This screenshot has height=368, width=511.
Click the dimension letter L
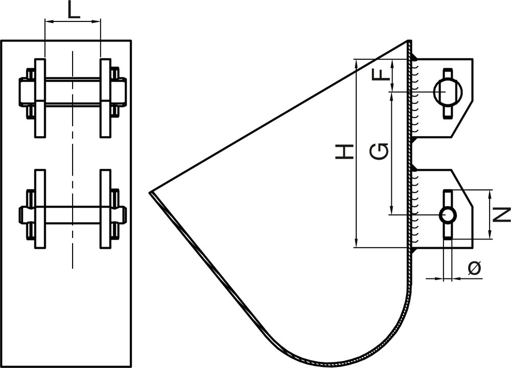click(x=74, y=10)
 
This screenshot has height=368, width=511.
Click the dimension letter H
click(x=344, y=151)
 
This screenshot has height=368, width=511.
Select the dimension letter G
click(x=379, y=151)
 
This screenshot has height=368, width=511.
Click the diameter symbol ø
click(x=474, y=267)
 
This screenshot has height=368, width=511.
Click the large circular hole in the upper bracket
click(x=448, y=92)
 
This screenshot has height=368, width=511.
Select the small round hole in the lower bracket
click(x=448, y=214)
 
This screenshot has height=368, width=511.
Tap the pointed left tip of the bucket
click(x=151, y=193)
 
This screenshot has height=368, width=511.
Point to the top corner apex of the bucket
click(x=409, y=41)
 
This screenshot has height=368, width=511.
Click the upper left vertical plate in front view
click(x=40, y=98)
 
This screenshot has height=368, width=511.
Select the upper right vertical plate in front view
click(x=105, y=98)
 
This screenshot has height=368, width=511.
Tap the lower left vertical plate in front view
click(x=40, y=209)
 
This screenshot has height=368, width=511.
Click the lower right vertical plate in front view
click(x=105, y=209)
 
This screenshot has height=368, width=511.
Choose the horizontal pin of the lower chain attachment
click(x=73, y=215)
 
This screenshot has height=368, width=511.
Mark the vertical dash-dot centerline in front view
click(x=73, y=154)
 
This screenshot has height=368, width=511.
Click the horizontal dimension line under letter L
click(x=73, y=21)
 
